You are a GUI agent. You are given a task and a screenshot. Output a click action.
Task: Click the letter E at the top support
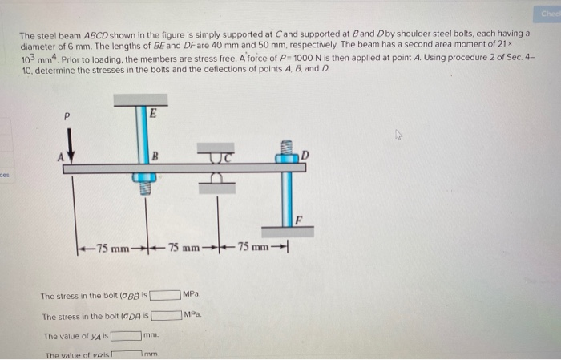point(153,113)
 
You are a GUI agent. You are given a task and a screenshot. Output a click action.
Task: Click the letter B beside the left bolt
point(158,154)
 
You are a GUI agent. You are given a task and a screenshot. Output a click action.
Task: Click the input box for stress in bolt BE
point(164,297)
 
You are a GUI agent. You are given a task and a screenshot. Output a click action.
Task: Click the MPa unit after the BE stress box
point(191,296)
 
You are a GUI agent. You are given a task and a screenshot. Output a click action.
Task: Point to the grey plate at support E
point(140,100)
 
